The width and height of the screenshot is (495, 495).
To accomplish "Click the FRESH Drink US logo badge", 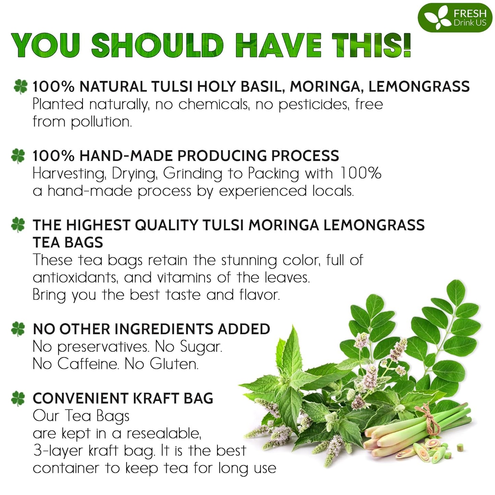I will tap(455, 18).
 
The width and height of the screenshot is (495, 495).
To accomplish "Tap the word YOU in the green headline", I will tap(46, 45).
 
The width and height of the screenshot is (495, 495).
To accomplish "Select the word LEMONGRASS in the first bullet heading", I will tap(419, 86).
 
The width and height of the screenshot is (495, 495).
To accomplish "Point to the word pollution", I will tap(101, 122).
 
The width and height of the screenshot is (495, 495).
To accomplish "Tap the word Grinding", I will tap(193, 173).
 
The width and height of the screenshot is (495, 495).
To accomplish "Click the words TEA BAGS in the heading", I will tap(68, 243).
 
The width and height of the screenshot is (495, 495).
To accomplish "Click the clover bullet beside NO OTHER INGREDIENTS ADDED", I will tap(18, 329).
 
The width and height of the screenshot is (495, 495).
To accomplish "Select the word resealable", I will tap(163, 434).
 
